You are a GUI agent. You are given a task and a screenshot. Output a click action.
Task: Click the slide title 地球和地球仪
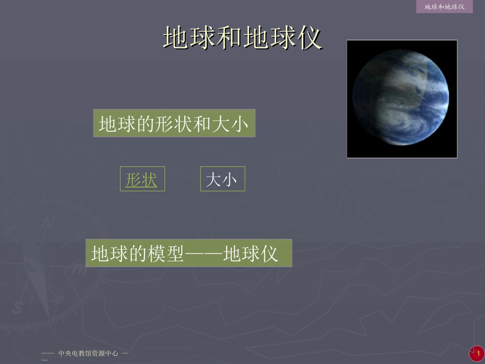coord(243,38)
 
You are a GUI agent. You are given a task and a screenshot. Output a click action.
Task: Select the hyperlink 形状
coord(141,179)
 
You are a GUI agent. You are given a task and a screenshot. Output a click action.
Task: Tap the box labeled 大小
coord(222,179)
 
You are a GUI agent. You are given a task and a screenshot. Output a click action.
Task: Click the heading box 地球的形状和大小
coord(174,124)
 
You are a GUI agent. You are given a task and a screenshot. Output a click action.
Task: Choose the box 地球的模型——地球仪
coord(188,253)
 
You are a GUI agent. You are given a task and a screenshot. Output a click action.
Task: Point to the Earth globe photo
coord(402,99)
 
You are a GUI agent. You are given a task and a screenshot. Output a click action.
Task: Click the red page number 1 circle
coord(478,353)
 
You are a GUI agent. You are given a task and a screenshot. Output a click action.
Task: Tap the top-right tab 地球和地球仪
coord(444,7)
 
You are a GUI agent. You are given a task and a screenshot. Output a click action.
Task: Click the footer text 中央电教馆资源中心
coord(88,353)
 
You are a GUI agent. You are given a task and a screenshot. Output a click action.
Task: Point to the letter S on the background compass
coord(19,307)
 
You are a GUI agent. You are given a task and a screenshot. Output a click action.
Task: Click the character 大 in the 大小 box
coord(213,179)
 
